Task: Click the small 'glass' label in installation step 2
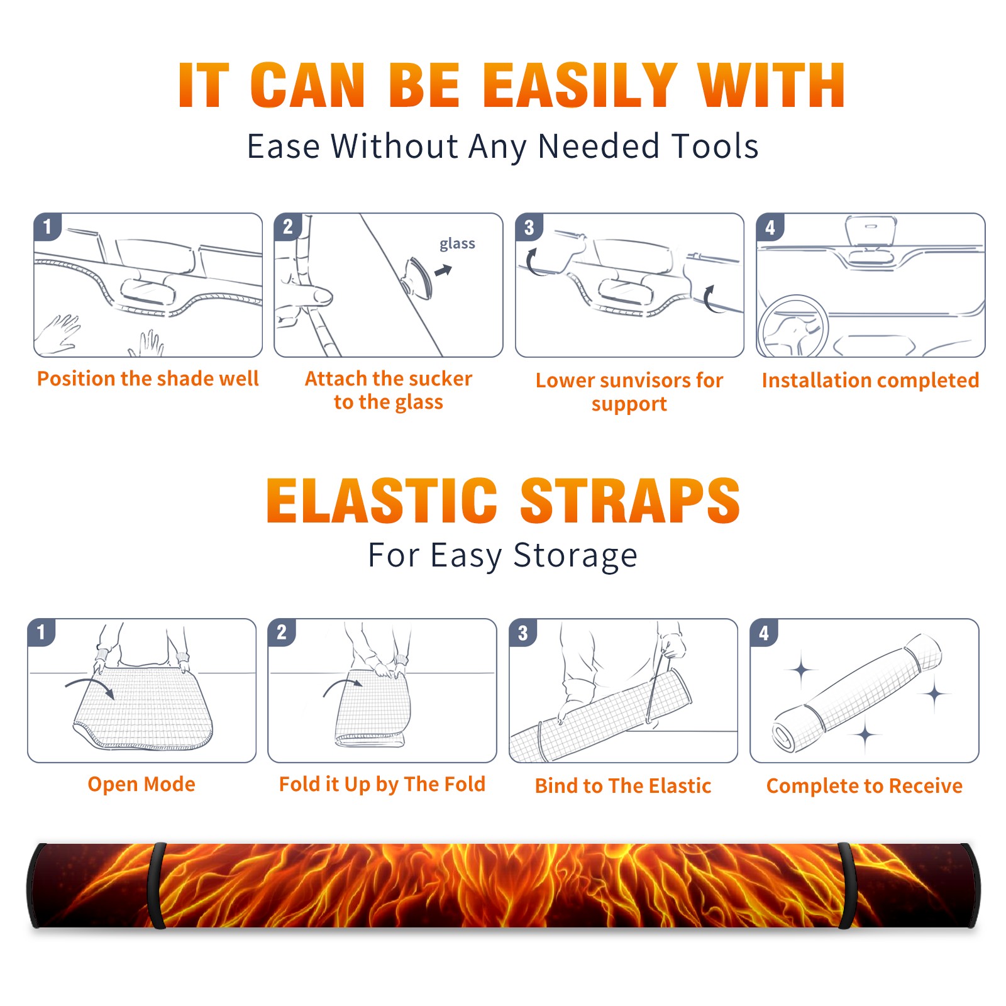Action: (457, 244)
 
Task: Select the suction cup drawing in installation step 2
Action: (417, 277)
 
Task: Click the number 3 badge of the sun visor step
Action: (529, 228)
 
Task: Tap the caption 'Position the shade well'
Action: (148, 379)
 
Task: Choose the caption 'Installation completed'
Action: (870, 380)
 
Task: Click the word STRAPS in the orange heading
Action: (630, 500)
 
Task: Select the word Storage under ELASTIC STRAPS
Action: (575, 556)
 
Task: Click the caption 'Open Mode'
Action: (141, 784)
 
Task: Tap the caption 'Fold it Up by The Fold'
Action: (382, 784)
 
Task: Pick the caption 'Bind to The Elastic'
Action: (623, 786)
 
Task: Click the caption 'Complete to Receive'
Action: (865, 786)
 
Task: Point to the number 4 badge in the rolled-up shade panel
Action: (764, 633)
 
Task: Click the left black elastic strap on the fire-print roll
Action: (157, 885)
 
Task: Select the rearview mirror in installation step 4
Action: (871, 231)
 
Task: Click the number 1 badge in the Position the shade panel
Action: (47, 226)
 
